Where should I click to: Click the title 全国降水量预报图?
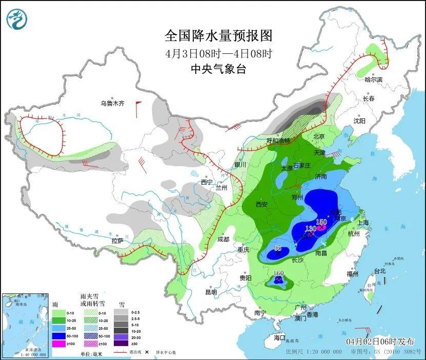(218, 35)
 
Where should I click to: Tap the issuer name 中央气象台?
(218, 69)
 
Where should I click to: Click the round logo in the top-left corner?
(16, 19)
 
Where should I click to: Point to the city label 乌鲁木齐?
(112, 104)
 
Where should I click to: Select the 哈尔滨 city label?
(373, 79)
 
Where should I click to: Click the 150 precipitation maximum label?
(321, 222)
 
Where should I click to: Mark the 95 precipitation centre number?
(278, 248)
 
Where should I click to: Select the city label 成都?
(224, 238)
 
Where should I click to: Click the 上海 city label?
(363, 223)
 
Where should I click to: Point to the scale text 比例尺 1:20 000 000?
(314, 352)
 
